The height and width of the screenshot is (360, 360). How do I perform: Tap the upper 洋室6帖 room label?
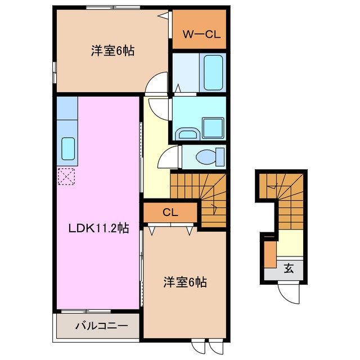[x=112, y=51]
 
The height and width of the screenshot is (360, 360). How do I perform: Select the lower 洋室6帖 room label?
[x=185, y=282]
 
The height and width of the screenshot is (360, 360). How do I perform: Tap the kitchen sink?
[x=68, y=148]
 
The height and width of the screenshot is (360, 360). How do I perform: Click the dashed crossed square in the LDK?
[x=67, y=177]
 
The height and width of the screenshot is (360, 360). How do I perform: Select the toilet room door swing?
[x=169, y=157]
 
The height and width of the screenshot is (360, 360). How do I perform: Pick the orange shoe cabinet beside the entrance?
[x=270, y=253]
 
